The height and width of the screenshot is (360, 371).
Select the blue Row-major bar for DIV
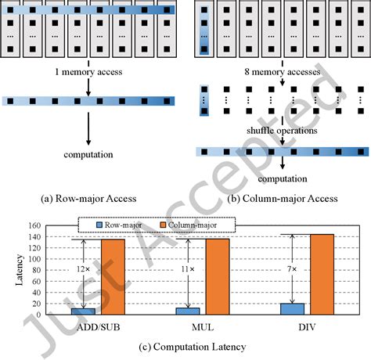click(291, 308)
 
